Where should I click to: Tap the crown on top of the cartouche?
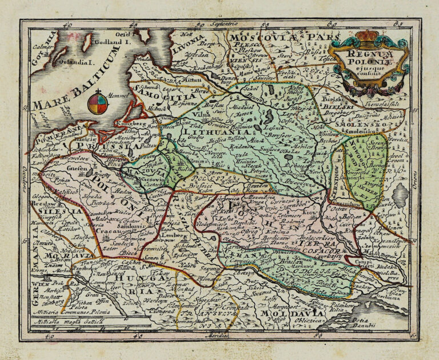tap(367, 37)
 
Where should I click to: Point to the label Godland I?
tap(110, 42)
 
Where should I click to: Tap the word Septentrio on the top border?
tap(221, 25)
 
